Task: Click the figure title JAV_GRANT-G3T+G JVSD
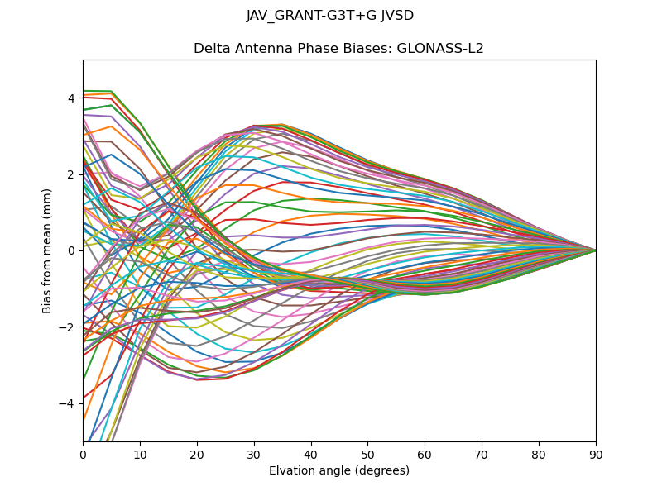click(x=330, y=16)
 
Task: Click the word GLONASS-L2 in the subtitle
click(x=443, y=49)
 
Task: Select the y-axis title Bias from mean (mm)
click(x=48, y=250)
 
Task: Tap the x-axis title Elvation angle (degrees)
click(x=339, y=471)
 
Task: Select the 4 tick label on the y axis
click(x=71, y=98)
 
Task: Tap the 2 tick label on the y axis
click(x=71, y=174)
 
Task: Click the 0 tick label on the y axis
click(x=71, y=250)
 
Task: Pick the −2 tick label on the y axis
click(x=68, y=327)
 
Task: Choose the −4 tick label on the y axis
click(x=68, y=403)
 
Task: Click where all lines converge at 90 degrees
click(x=595, y=250)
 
